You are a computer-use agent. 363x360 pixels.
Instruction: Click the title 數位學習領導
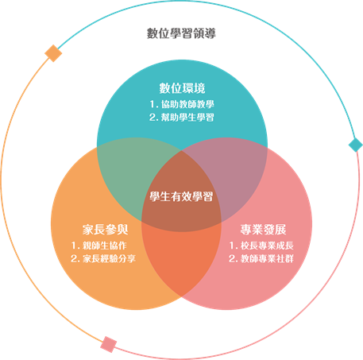tap(181, 33)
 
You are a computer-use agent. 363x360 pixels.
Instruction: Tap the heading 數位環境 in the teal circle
tap(182, 88)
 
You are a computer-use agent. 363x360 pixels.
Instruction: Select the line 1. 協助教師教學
tap(182, 104)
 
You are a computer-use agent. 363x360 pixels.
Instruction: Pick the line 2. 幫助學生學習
tap(182, 118)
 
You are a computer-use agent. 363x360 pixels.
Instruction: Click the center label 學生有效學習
tap(181, 196)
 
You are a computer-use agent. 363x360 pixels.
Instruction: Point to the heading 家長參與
tap(105, 230)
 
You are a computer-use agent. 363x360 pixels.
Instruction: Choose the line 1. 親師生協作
tap(99, 246)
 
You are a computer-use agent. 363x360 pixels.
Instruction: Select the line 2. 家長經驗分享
tap(103, 258)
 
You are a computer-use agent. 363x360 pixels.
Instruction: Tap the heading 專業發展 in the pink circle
tap(263, 230)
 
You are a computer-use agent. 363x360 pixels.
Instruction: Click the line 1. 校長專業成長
tap(261, 246)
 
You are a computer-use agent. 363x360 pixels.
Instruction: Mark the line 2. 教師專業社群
tap(261, 258)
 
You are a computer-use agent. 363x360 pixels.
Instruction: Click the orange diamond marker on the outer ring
tap(53, 53)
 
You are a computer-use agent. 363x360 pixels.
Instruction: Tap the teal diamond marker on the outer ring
tap(355, 145)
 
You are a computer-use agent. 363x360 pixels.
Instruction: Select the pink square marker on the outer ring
tap(109, 344)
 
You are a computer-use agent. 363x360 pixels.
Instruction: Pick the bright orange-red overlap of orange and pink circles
tap(181, 260)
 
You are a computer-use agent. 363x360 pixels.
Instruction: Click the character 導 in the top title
tap(210, 33)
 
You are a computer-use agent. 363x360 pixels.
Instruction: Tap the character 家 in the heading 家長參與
tap(88, 230)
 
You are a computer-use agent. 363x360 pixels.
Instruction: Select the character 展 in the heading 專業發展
tap(280, 230)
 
